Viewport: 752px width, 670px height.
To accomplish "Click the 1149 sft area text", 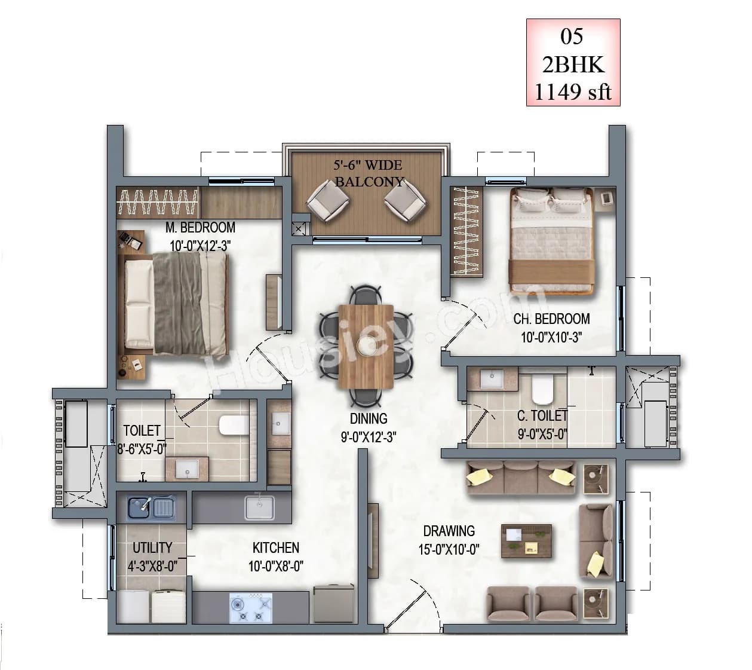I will [x=573, y=92].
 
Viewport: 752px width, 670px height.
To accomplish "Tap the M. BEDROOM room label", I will [x=200, y=228].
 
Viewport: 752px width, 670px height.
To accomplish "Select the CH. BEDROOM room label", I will [x=551, y=319].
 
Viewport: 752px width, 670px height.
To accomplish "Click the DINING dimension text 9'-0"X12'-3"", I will [x=368, y=438].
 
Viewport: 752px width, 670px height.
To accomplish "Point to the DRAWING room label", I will [x=449, y=531].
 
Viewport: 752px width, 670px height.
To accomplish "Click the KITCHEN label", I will [x=275, y=547].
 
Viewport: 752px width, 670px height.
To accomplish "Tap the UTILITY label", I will [x=152, y=547].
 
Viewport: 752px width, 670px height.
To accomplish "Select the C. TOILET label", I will [x=542, y=415].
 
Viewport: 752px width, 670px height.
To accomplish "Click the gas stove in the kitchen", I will [x=250, y=608].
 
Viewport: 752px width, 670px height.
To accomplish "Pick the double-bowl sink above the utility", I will [x=151, y=508].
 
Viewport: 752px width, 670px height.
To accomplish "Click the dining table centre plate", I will [x=365, y=345].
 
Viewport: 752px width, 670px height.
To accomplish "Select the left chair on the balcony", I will [x=328, y=200].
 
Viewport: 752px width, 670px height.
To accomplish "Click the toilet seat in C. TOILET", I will [x=542, y=389].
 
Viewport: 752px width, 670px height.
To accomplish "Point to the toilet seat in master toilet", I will [x=234, y=425].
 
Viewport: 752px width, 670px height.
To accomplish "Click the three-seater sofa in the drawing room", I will [x=520, y=478].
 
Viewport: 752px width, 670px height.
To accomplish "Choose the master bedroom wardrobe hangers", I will [x=158, y=203].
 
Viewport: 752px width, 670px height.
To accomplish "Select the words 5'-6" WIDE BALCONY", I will [x=368, y=173].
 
